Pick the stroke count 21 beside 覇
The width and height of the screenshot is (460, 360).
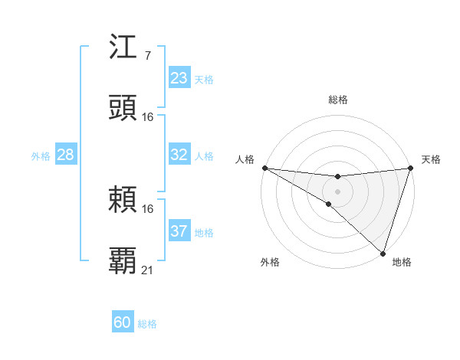[x=148, y=269]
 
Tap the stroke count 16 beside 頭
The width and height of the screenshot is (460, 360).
[x=148, y=116]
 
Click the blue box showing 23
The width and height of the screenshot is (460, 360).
[x=179, y=78]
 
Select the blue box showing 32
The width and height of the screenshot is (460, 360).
[x=179, y=155]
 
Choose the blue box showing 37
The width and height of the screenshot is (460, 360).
[x=179, y=231]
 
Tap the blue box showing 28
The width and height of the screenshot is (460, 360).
[x=66, y=155]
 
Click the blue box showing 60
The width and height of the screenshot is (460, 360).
[x=123, y=322]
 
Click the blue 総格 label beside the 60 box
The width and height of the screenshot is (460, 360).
[x=147, y=324]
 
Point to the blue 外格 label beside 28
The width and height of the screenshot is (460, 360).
[x=41, y=156]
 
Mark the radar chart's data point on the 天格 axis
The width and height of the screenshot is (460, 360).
[x=410, y=168]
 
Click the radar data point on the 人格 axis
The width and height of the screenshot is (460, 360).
[x=264, y=168]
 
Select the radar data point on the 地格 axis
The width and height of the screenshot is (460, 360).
[x=383, y=254]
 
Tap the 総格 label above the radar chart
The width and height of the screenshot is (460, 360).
[x=337, y=100]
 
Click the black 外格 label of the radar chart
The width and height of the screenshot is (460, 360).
[x=270, y=262]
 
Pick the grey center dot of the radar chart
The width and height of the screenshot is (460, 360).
[x=337, y=191]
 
